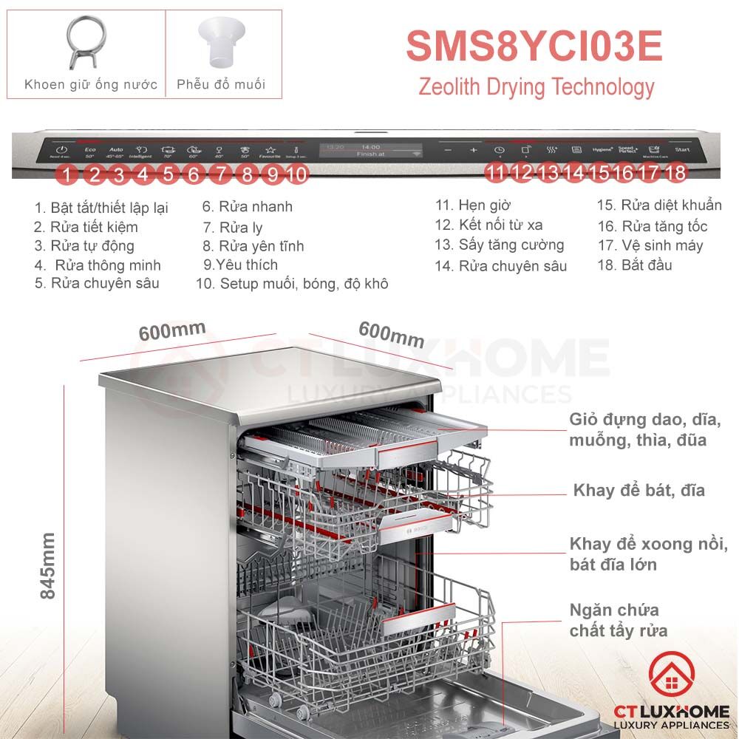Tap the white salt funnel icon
tap(220, 42)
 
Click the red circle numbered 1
tap(67, 174)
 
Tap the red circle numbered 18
tap(675, 174)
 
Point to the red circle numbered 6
tap(194, 174)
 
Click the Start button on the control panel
tap(682, 150)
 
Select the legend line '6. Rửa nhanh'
tap(248, 207)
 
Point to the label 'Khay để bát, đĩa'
tap(639, 490)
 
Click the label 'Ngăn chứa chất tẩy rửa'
tap(619, 621)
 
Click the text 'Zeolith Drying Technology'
tap(537, 87)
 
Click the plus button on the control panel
tap(474, 151)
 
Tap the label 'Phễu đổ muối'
tap(221, 84)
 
